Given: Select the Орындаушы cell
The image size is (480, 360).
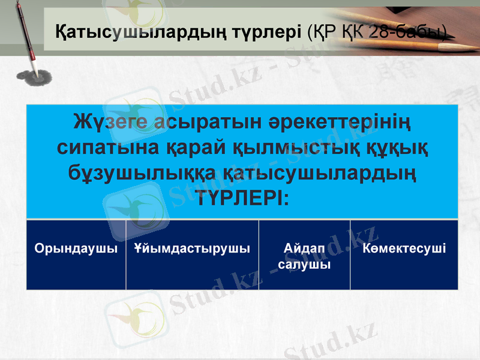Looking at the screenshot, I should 76,248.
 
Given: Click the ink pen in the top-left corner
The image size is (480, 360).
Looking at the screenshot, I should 24,33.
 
